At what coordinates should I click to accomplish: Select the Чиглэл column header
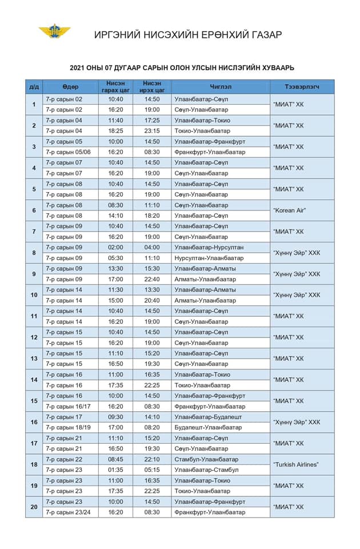(x=221, y=86)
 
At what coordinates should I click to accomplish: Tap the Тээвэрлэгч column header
(x=302, y=86)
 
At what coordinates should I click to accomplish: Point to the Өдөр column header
(x=70, y=86)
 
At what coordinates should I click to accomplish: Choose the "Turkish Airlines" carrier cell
(x=295, y=464)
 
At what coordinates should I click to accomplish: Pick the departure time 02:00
(x=115, y=247)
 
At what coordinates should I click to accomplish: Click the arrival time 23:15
(x=151, y=131)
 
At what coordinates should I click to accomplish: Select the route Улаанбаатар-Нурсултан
(x=209, y=247)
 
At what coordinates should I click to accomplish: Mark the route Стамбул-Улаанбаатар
(x=206, y=459)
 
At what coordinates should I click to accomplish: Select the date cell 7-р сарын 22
(x=64, y=459)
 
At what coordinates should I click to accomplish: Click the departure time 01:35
(x=115, y=470)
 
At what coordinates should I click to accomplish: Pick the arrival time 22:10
(x=151, y=459)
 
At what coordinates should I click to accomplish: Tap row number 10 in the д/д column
(x=34, y=295)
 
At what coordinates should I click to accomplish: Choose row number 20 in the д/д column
(x=34, y=507)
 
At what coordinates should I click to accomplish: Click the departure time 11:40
(x=115, y=120)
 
